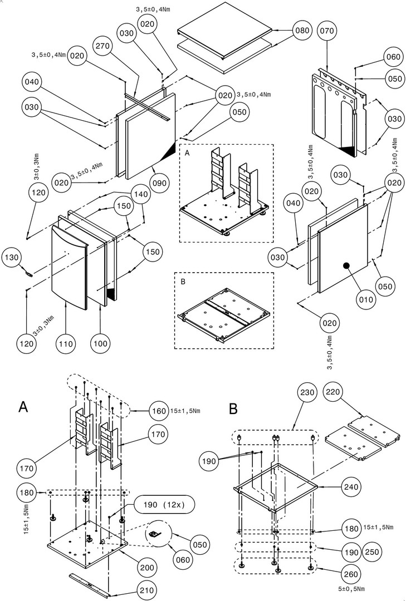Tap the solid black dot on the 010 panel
346,266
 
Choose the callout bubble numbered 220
333,393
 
